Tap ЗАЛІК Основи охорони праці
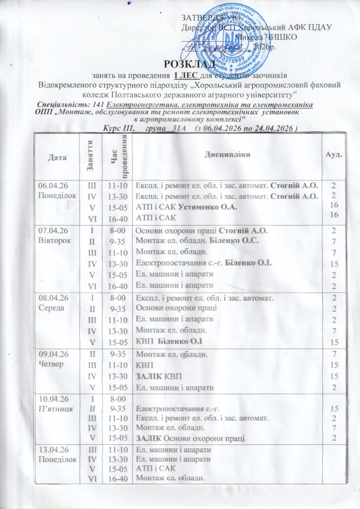pos(190,437)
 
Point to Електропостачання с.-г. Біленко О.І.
pos(203,262)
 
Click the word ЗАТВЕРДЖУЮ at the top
pos(207,19)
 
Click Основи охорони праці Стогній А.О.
pos(202,230)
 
